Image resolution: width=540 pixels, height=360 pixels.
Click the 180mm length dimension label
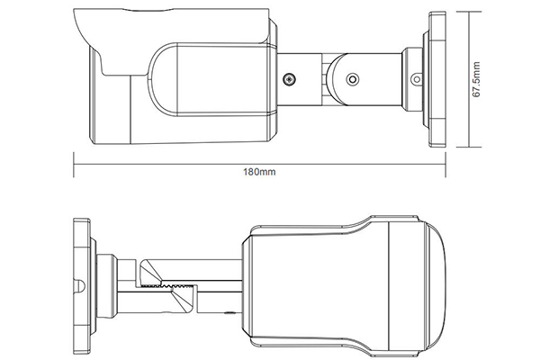[x=260, y=173]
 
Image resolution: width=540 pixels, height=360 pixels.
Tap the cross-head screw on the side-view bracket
[x=291, y=80]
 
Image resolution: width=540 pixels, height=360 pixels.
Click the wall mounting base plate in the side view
[x=438, y=79]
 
